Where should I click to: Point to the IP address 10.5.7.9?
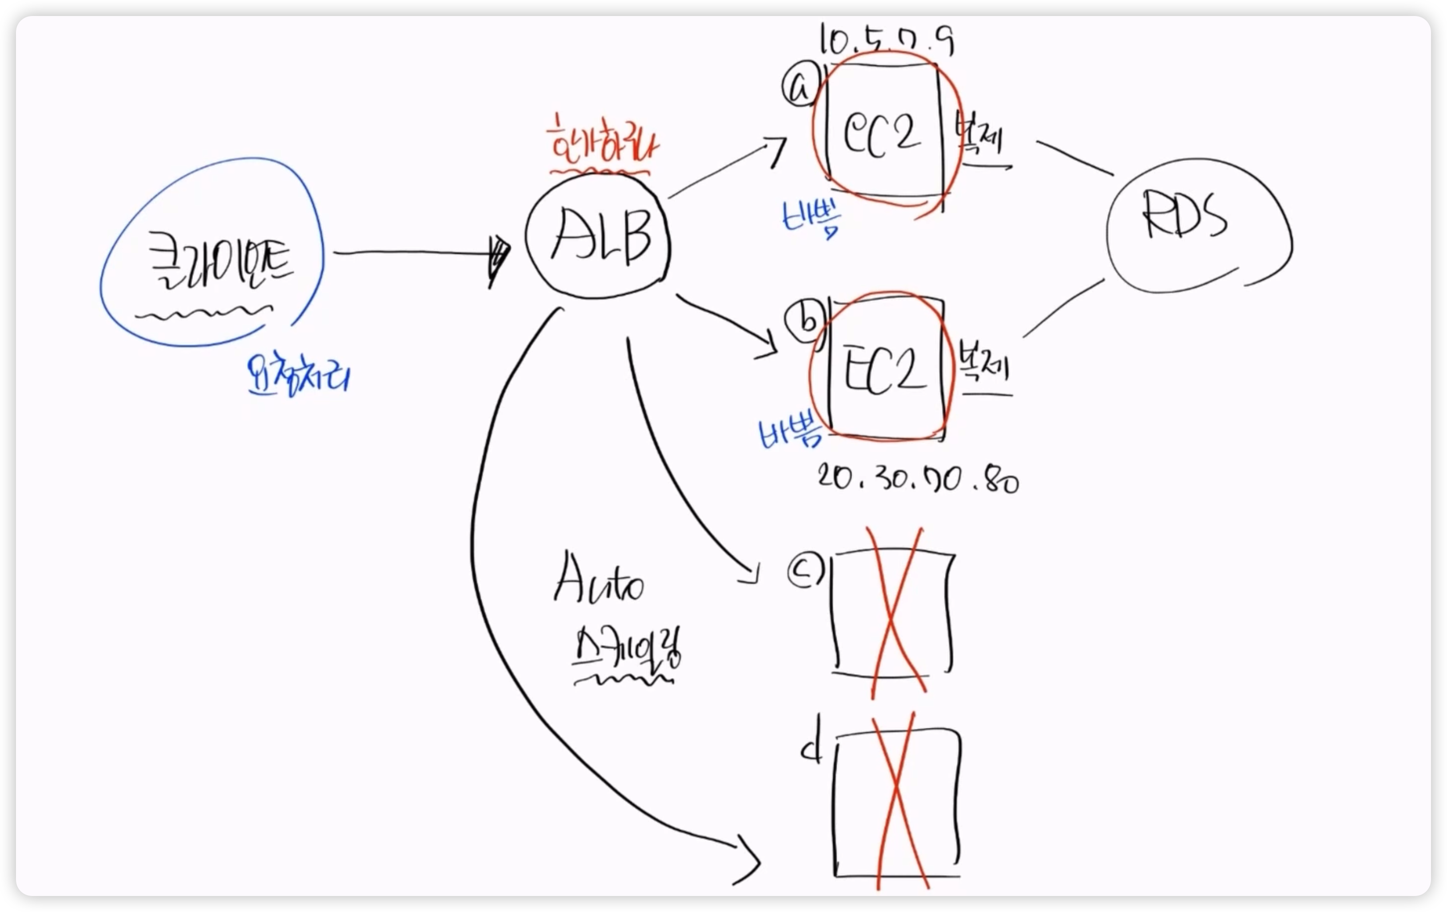[886, 41]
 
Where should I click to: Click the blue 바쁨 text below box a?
[811, 216]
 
